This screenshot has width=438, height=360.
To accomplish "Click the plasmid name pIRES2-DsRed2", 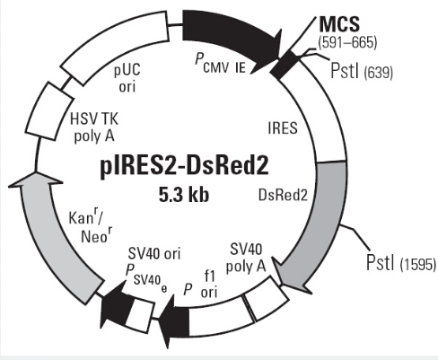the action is (x=184, y=166).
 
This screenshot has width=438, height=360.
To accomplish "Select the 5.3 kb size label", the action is (x=184, y=195).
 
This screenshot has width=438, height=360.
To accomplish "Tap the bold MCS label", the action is (x=339, y=23).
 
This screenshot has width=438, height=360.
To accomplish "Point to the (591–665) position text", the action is (x=347, y=42).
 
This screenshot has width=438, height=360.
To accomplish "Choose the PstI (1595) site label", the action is (x=401, y=262).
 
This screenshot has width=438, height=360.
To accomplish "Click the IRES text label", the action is (x=283, y=128).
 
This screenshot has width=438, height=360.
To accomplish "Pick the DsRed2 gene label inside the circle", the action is (x=283, y=196).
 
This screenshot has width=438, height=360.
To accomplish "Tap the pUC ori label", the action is (x=127, y=78).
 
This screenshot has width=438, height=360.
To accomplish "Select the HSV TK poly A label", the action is (x=94, y=128).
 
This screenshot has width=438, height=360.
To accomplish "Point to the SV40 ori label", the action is (x=154, y=254).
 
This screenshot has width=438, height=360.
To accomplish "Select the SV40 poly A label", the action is (x=246, y=258).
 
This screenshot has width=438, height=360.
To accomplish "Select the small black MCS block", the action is (x=285, y=65).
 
